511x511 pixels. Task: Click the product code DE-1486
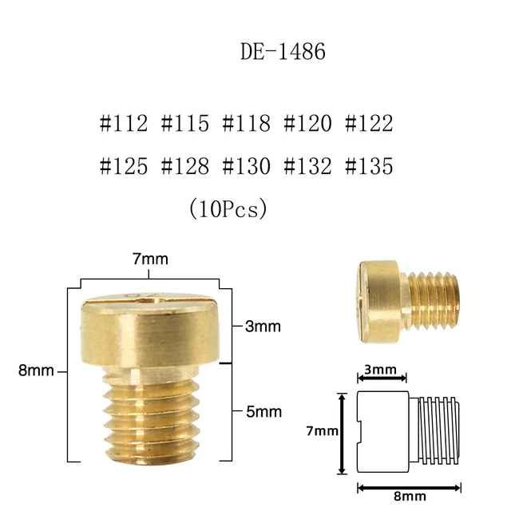(x=283, y=53)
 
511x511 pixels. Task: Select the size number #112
(x=124, y=125)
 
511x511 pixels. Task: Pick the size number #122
(x=369, y=125)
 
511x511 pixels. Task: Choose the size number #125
(x=124, y=166)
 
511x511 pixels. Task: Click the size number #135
(x=369, y=166)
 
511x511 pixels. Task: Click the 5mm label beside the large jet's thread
(x=263, y=412)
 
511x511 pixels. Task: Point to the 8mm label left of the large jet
(x=37, y=370)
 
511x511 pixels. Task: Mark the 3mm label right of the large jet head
(x=263, y=327)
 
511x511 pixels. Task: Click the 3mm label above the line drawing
(x=382, y=370)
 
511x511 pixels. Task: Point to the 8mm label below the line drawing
(x=408, y=496)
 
